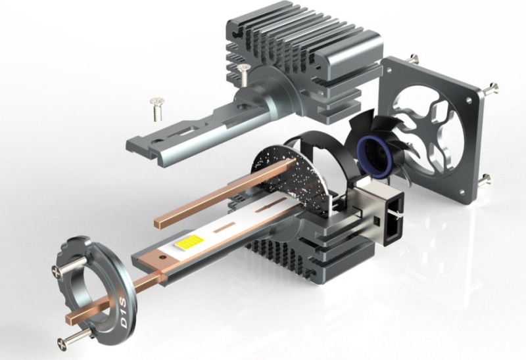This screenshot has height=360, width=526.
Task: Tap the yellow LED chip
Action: (x=189, y=241)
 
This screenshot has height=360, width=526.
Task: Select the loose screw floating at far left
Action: (x=157, y=109)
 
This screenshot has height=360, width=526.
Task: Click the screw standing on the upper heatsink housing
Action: (x=243, y=74)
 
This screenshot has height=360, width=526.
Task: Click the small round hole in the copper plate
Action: (x=163, y=258)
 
